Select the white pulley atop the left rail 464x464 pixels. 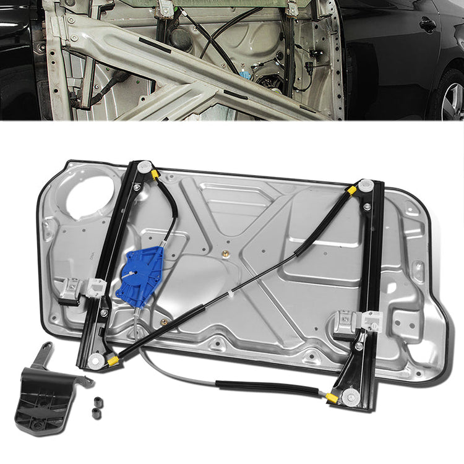point(144,166)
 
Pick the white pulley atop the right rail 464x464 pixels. point(366,184)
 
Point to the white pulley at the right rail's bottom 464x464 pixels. point(351,398)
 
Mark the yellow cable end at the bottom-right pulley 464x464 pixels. point(333,397)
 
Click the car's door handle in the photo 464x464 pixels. point(427,25)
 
